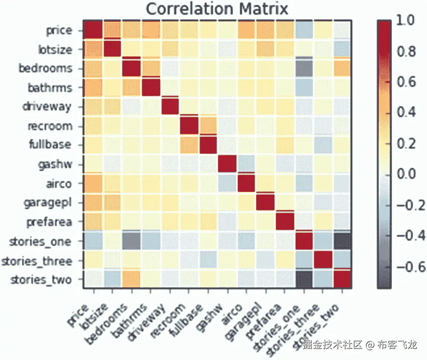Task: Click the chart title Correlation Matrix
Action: coord(217,8)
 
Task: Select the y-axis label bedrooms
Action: coord(46,68)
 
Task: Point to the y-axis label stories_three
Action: coord(37,262)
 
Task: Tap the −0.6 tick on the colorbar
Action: coord(409,266)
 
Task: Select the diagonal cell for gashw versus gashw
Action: coord(227,164)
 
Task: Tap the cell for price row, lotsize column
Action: coord(113,30)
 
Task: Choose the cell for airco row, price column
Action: coord(93,183)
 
